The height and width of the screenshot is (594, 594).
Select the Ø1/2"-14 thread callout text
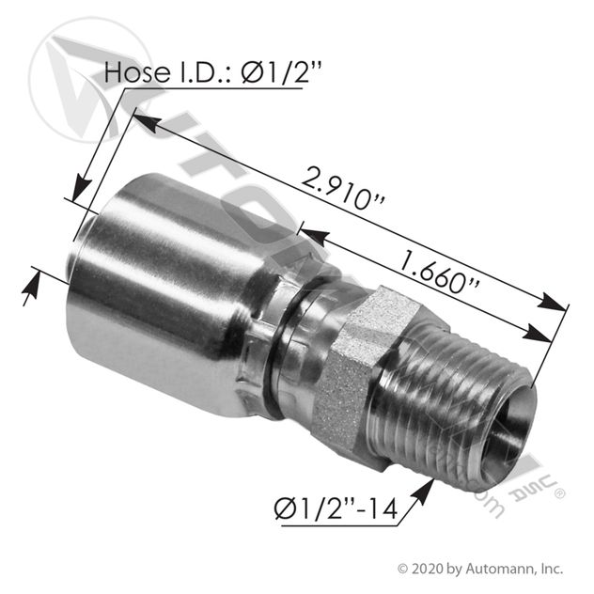[336, 508]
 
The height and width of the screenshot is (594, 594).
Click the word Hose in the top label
[137, 72]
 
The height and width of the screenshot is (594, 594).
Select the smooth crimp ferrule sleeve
[166, 291]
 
